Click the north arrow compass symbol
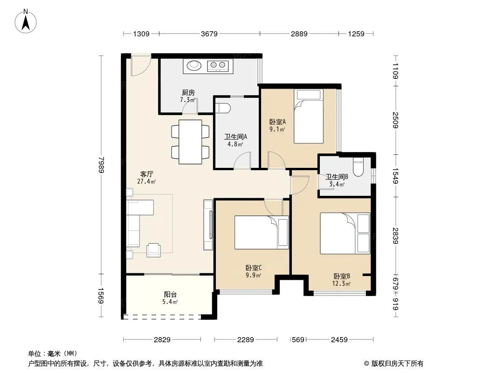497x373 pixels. (26, 21)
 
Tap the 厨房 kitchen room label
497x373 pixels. (188, 92)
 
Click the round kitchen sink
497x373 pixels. (194, 66)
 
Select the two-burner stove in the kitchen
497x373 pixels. (218, 66)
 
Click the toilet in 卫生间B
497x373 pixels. (358, 167)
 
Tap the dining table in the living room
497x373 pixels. (190, 142)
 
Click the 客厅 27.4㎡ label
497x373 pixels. (147, 178)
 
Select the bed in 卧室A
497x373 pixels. (308, 116)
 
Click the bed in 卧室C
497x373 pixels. (262, 232)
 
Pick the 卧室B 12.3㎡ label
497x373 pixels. (341, 280)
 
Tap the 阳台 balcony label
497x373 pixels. (170, 294)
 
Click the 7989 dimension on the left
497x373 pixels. (101, 165)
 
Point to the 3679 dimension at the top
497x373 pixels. (209, 34)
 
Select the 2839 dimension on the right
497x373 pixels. (395, 236)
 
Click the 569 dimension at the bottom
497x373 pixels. (298, 340)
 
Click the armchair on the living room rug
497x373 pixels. (153, 250)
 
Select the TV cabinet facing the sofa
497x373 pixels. (208, 225)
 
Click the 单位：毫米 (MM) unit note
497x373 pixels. (53, 354)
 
